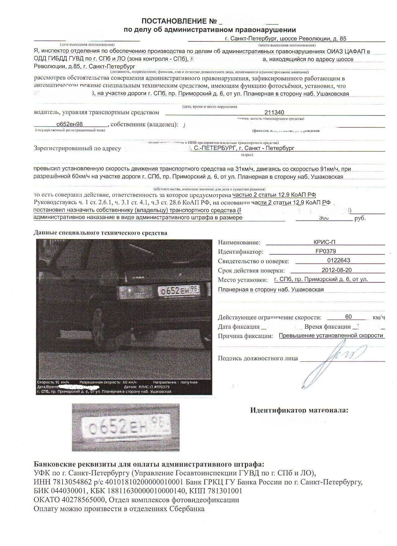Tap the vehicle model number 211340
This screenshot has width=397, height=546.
274,113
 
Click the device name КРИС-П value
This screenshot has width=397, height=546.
325,242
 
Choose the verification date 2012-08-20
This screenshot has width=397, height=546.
338,270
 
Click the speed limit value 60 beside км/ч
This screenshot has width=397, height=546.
348,317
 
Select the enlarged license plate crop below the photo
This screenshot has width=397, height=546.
126,427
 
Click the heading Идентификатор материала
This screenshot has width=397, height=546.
299,410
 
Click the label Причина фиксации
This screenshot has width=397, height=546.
245,336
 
